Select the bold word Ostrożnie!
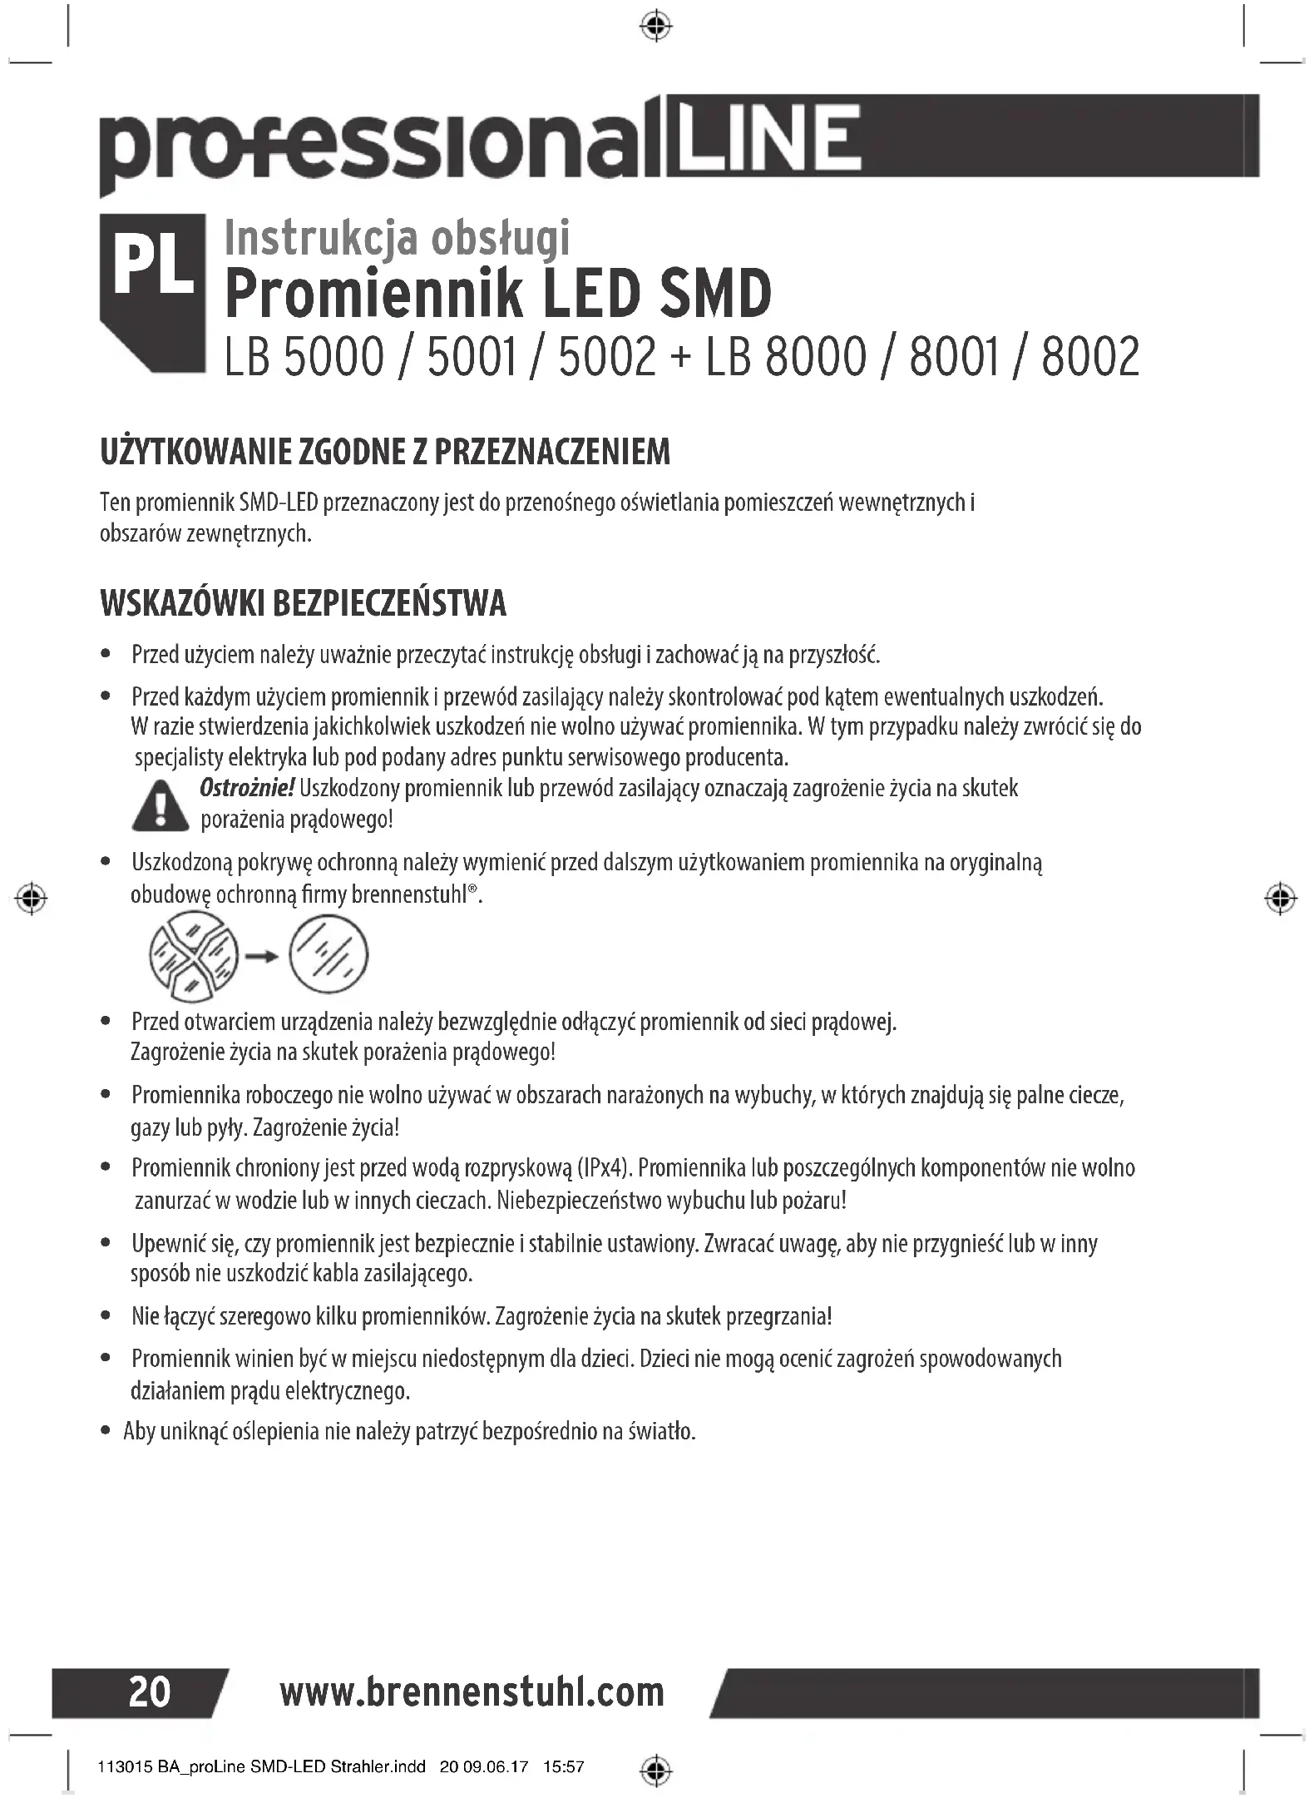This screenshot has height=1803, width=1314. [x=247, y=788]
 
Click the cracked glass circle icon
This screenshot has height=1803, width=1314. [x=193, y=956]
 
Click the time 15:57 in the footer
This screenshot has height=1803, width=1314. [x=563, y=1766]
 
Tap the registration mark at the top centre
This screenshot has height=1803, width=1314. [x=657, y=27]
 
